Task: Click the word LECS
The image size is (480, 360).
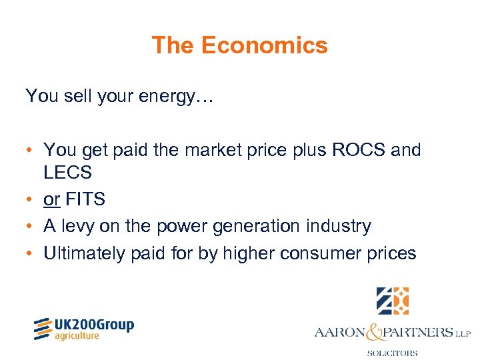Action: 67,173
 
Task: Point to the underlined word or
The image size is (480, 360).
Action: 51,199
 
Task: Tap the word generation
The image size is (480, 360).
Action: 239,227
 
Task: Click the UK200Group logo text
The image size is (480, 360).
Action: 95,325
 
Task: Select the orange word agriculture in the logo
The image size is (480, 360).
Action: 77,336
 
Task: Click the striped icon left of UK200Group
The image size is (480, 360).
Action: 43,329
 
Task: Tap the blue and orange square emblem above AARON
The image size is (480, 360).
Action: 392,301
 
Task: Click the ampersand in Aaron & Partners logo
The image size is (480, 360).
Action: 375,331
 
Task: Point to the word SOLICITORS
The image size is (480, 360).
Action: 392,353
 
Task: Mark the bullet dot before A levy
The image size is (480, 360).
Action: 31,227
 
